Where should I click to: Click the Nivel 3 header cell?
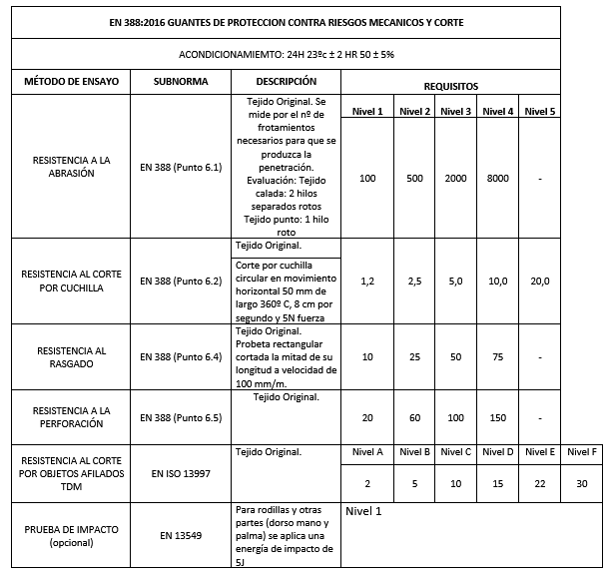coord(455,111)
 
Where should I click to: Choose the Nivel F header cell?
coord(582,452)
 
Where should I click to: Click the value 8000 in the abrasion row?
coord(498,178)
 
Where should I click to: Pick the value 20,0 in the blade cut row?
coord(540,282)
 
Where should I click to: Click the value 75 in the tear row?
coord(498,356)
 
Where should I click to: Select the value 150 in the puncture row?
coord(498,417)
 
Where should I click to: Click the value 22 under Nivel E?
coord(540,485)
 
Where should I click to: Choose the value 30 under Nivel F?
coord(582,485)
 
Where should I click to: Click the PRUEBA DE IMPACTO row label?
coord(65,535)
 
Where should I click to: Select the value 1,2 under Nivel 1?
coord(367,282)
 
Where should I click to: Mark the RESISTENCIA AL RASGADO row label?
coord(65,356)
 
